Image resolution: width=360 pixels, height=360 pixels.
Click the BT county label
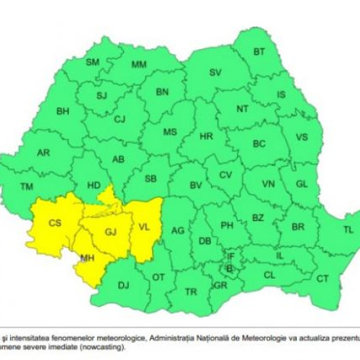(259, 52)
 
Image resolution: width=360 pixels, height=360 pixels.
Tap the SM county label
(92, 62)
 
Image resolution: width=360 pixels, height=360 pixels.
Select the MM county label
(139, 64)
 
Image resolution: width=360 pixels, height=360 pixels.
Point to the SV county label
(215, 72)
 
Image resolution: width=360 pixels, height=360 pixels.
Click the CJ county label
(120, 119)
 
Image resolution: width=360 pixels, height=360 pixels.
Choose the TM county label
(27, 187)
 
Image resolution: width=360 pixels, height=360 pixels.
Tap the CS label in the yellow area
(55, 223)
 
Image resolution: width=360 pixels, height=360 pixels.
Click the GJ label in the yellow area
(110, 233)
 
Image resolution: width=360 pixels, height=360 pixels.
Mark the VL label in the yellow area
(144, 228)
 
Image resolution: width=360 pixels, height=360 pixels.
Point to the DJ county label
(123, 286)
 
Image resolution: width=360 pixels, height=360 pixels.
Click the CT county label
(323, 279)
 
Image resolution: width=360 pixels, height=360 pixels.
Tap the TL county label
(348, 230)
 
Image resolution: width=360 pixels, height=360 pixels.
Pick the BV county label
(195, 185)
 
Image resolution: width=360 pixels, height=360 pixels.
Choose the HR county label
(206, 135)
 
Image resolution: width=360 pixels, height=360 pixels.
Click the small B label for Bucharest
(230, 268)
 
